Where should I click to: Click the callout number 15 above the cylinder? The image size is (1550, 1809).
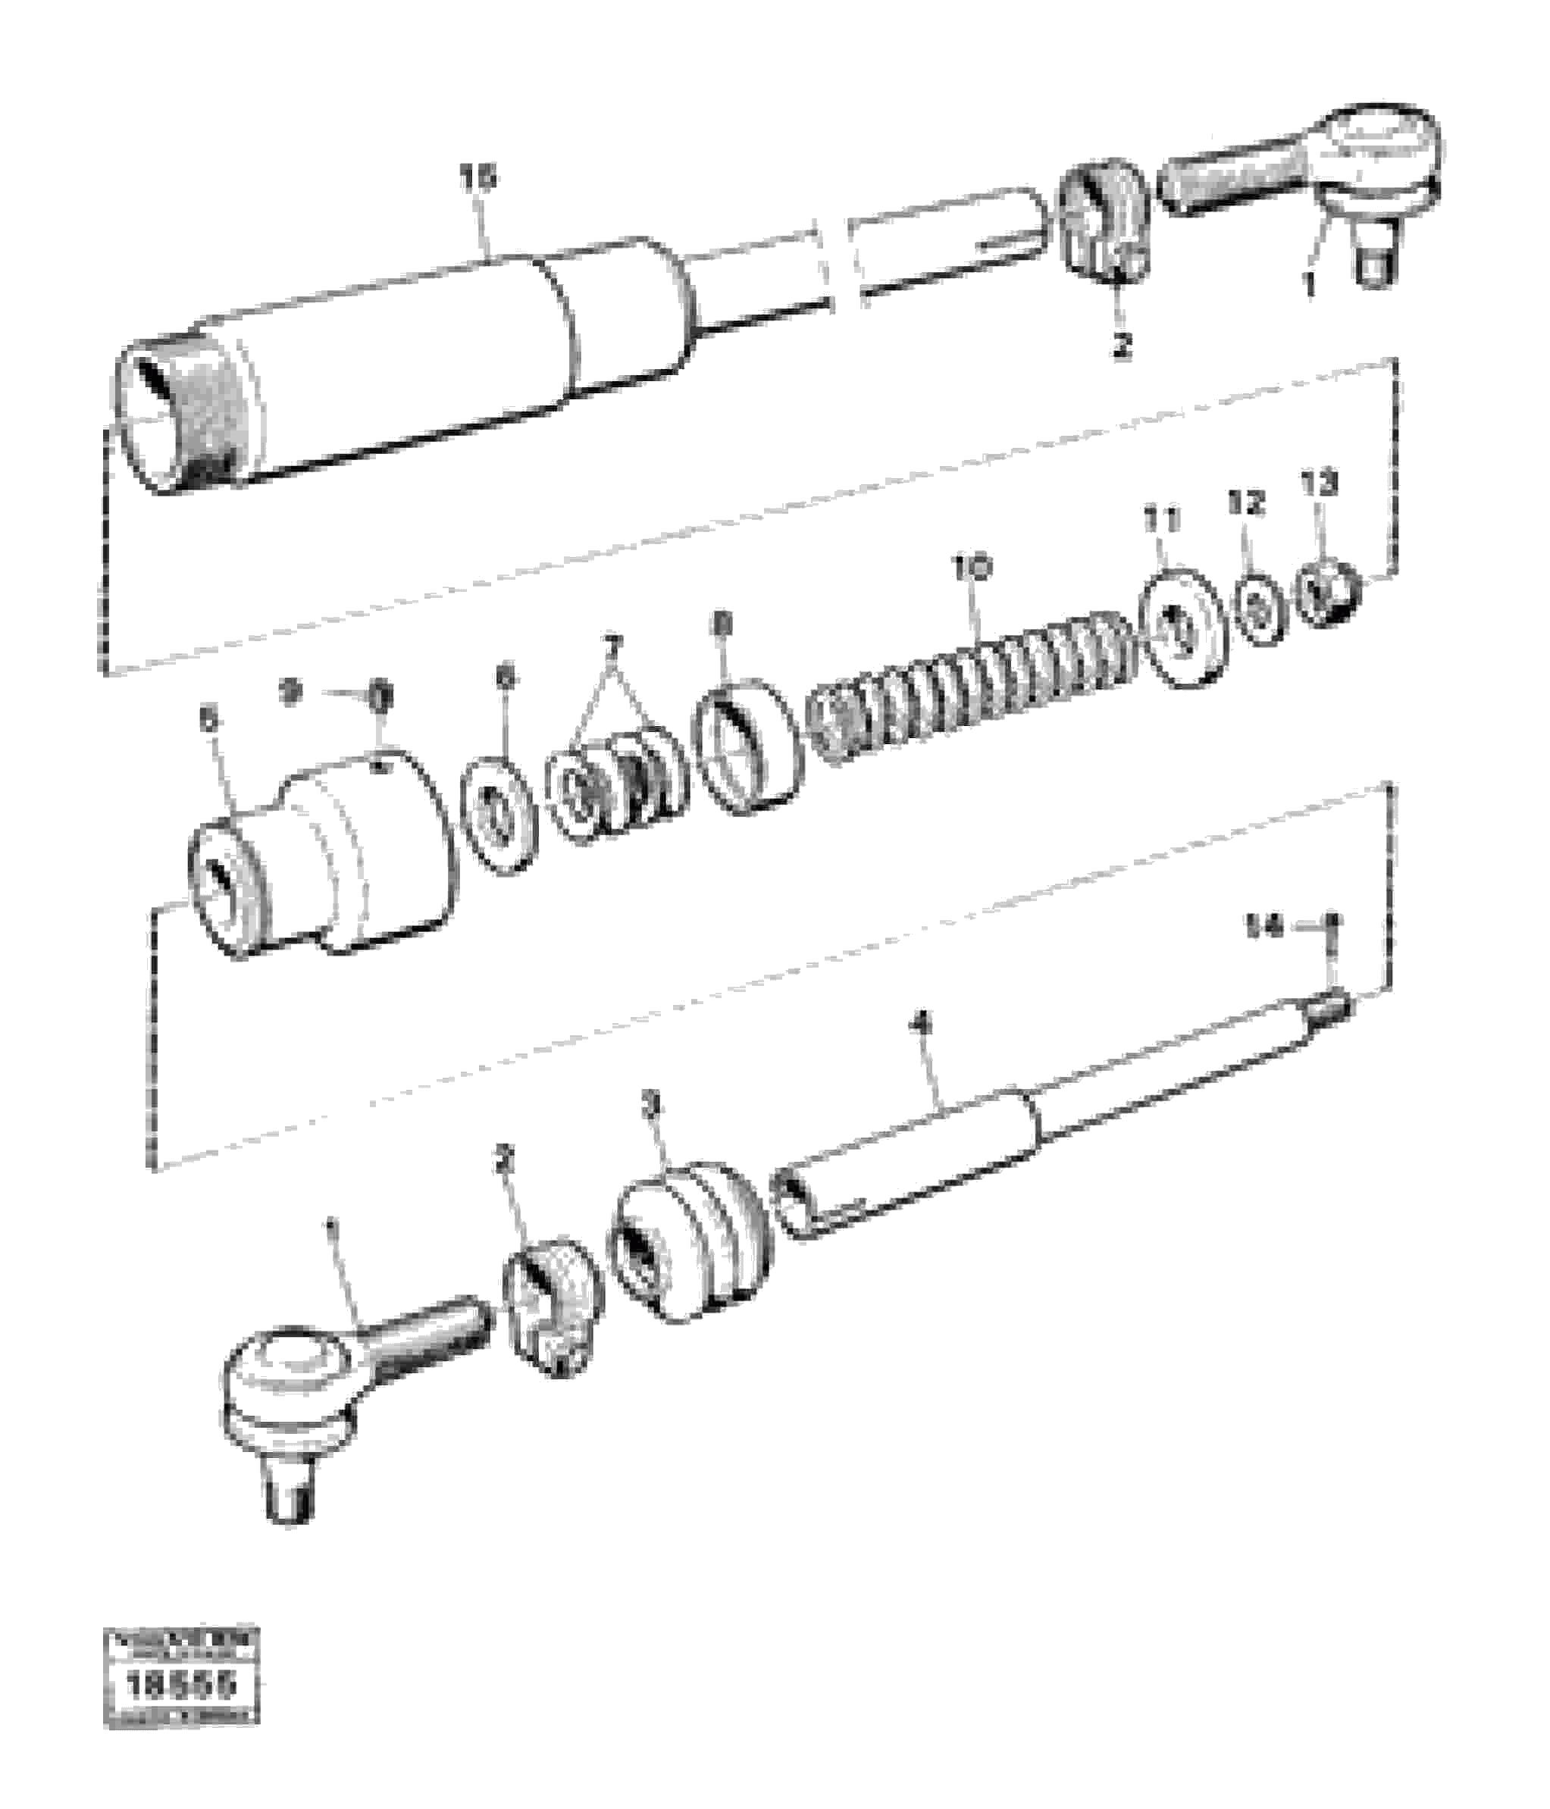(478, 179)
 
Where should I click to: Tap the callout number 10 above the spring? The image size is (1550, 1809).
(972, 568)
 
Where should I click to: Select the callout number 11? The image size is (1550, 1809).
(1162, 521)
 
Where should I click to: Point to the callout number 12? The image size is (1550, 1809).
(1246, 503)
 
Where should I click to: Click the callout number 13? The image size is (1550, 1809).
(1319, 483)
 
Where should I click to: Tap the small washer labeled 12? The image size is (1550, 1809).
(1259, 609)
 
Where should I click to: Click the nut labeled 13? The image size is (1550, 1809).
(1327, 593)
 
